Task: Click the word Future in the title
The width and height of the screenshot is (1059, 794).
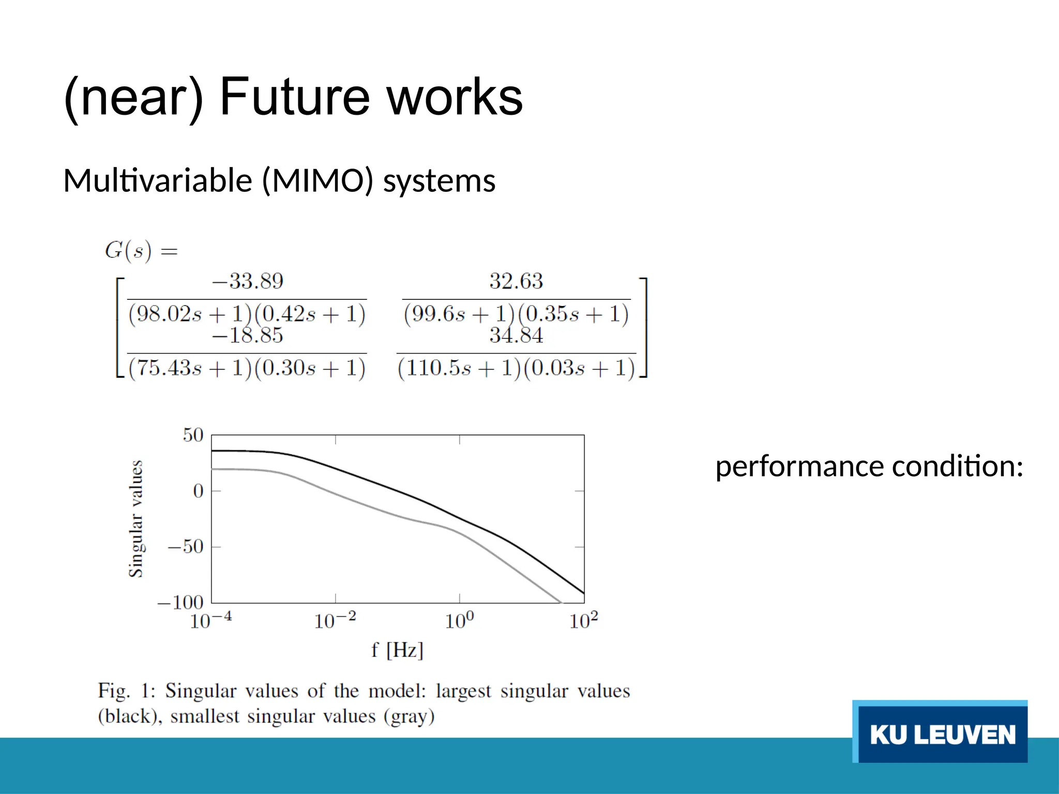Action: click(x=295, y=97)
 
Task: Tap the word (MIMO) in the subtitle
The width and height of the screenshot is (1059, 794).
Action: click(x=317, y=181)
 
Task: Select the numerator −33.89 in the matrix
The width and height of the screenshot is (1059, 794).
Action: click(x=248, y=282)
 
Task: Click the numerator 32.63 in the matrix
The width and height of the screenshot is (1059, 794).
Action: click(x=516, y=282)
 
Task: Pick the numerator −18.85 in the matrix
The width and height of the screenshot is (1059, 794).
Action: click(x=248, y=336)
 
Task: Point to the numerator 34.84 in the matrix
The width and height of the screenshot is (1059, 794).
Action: click(x=516, y=336)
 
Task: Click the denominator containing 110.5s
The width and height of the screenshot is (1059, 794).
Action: click(x=516, y=368)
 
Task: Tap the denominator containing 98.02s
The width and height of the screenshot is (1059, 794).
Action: click(x=247, y=314)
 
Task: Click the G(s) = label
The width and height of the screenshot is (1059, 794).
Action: click(x=141, y=251)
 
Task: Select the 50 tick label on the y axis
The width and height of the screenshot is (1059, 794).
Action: click(x=193, y=435)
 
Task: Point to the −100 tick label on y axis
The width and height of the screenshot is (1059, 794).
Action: click(x=180, y=602)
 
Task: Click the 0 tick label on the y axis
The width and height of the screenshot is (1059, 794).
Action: click(x=198, y=491)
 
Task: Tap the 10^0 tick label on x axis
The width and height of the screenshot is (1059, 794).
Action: click(x=459, y=620)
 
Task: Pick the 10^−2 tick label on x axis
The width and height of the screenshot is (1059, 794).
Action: click(x=335, y=620)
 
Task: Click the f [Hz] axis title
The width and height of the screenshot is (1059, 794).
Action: click(x=397, y=650)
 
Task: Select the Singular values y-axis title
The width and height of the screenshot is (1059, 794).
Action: click(x=135, y=518)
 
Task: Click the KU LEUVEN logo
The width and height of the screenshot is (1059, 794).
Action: click(x=941, y=733)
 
